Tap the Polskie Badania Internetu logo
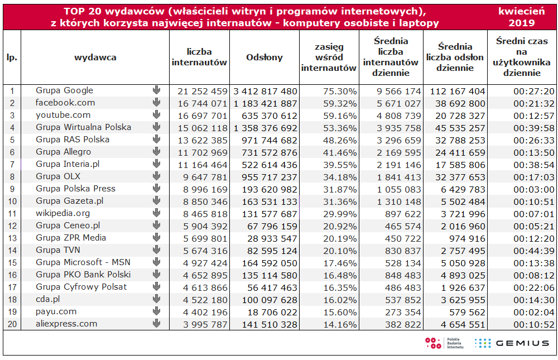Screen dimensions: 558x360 (445, 343)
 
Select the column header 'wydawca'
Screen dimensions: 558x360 (95, 57)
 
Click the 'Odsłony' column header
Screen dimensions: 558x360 (264, 57)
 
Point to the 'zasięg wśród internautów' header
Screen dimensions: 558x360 (329, 57)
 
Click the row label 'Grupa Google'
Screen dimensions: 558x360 (64, 90)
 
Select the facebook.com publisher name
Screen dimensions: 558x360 (65, 103)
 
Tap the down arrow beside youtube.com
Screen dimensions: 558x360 (156, 114)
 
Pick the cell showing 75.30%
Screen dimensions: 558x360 (340, 92)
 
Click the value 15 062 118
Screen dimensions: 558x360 (203, 128)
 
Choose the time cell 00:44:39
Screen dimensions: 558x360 (534, 251)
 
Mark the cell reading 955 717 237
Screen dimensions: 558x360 (270, 177)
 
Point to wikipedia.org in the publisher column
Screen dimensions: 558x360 (62, 213)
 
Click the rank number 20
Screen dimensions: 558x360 (12, 324)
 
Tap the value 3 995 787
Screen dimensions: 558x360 (205, 325)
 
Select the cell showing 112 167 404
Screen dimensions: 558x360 (458, 92)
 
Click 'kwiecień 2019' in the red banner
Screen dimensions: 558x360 (521, 17)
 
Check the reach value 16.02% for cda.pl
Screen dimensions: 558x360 (340, 300)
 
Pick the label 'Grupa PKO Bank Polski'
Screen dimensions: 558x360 (83, 275)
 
